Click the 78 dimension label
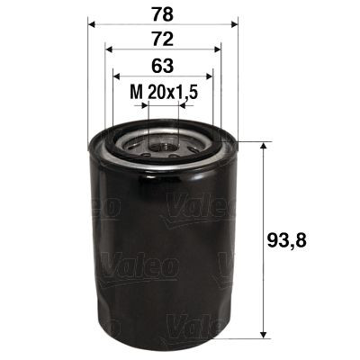pyautogui.click(x=162, y=13)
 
